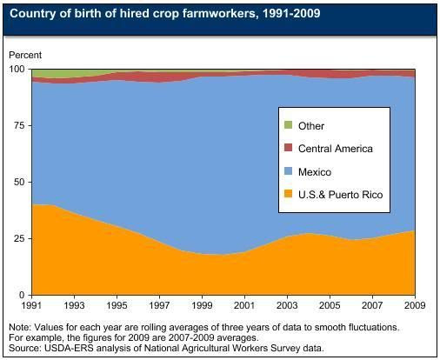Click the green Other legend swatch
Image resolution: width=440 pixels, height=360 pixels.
[x=288, y=125]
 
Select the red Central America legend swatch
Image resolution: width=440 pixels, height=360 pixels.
[x=288, y=148]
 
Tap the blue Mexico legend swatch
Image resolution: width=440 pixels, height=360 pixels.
[x=288, y=171]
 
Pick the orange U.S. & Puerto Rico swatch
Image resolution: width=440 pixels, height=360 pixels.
[x=288, y=194]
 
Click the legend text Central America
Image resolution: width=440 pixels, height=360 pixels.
[x=336, y=149]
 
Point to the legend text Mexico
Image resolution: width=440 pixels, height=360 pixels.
[x=315, y=172]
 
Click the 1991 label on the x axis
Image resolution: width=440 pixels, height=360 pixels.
[x=32, y=305]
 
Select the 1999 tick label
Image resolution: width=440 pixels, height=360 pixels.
[x=203, y=305]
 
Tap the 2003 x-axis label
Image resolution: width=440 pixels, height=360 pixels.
[x=288, y=305]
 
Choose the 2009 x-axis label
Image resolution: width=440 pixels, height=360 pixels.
[x=415, y=305]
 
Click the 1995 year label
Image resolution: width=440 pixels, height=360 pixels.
[x=117, y=305]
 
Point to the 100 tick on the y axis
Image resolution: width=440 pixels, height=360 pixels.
[x=17, y=70]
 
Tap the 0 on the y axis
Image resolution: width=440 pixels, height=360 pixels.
[x=22, y=295]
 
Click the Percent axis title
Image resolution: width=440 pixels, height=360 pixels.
[x=25, y=55]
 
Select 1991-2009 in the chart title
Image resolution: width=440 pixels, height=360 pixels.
[x=291, y=13]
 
